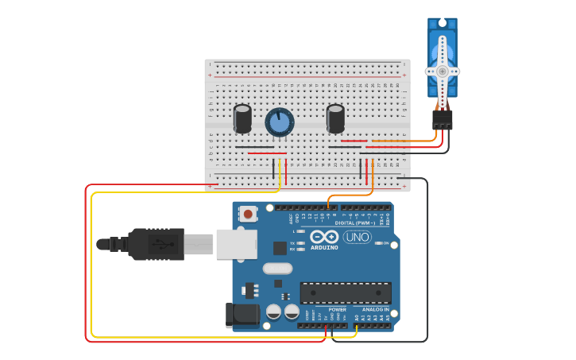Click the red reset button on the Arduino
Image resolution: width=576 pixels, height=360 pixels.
click(x=249, y=213)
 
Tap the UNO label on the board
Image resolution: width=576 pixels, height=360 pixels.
click(x=357, y=237)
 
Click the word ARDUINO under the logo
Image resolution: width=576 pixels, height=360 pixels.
click(x=324, y=247)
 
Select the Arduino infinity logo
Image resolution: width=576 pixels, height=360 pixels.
click(x=324, y=236)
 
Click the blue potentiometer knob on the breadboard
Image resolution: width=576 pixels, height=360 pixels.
click(x=279, y=122)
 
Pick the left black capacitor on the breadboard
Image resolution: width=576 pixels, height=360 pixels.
click(x=242, y=118)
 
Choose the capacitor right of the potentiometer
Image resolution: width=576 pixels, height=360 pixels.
click(x=335, y=118)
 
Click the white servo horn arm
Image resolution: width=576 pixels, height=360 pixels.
click(x=442, y=71)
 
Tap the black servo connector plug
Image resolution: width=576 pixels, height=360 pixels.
click(x=442, y=119)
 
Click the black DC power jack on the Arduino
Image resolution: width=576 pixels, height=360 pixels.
click(x=242, y=315)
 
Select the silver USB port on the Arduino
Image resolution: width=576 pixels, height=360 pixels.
click(x=236, y=244)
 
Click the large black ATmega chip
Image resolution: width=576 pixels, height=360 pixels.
click(x=345, y=292)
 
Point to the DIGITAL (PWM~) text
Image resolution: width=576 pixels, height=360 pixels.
click(x=356, y=223)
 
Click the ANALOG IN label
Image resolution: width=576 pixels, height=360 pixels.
click(x=376, y=309)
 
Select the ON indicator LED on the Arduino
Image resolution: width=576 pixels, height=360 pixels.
click(x=377, y=243)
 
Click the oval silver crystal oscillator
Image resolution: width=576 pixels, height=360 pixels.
click(x=277, y=268)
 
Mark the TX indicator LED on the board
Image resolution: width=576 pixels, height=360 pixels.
click(x=300, y=242)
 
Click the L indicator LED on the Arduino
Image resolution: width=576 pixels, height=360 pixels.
click(x=300, y=231)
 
